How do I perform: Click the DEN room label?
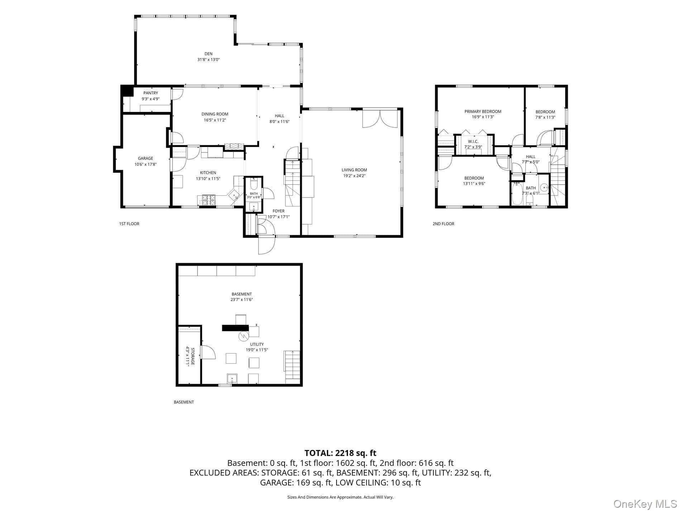208,54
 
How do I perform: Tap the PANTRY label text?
151,93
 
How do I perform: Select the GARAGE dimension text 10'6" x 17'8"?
146,164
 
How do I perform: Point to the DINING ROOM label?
215,114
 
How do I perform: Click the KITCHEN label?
208,173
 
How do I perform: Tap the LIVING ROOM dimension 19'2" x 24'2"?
354,176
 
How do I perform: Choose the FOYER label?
278,211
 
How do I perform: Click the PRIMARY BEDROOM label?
483,112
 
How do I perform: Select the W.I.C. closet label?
473,142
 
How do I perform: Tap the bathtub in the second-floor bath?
517,194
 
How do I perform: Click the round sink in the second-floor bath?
544,187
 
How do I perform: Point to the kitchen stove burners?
208,200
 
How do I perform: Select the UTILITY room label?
257,344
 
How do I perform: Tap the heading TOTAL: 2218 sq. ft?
340,453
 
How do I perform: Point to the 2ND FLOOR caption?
443,224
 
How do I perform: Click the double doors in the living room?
380,119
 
